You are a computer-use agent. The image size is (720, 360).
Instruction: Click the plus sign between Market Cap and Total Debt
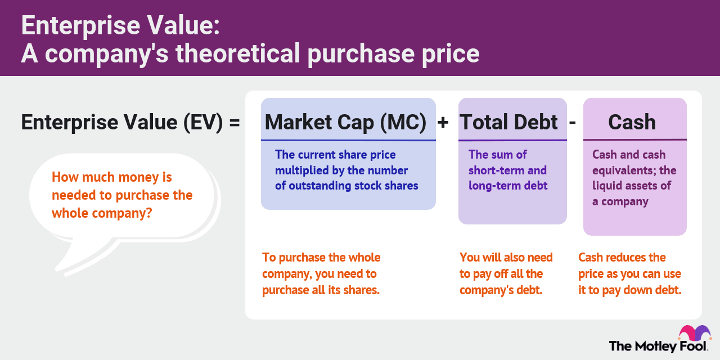[x=443, y=123]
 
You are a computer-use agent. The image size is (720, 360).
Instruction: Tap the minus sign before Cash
[x=573, y=123]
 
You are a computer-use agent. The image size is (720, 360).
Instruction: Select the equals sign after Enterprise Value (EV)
[x=235, y=123]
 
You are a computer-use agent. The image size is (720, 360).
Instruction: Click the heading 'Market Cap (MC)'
[x=345, y=122]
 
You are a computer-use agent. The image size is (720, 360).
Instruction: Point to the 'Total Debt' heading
[x=508, y=122]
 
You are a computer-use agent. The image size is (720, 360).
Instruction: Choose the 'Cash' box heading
[x=632, y=122]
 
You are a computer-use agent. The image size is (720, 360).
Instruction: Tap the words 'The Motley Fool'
[x=658, y=346]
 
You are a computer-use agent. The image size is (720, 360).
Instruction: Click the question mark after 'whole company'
[x=148, y=213]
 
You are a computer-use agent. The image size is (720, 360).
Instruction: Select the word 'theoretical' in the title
[x=238, y=53]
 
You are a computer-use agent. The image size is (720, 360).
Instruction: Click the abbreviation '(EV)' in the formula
[x=203, y=123]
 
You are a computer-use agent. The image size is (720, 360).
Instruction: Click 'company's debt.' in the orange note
[x=501, y=290]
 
